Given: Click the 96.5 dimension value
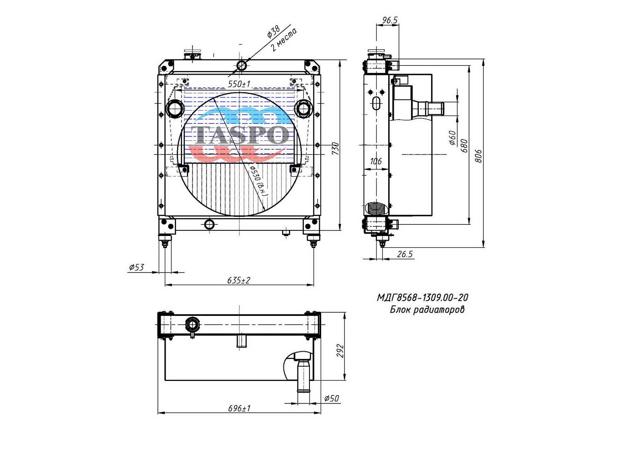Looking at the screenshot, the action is tap(390, 20).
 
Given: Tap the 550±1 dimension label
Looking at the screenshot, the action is tap(239, 84).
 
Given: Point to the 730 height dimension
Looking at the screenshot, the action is tap(335, 148).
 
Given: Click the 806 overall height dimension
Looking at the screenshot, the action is tap(479, 156).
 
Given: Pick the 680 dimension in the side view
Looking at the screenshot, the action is tap(464, 146).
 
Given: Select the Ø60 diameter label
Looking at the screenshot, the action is tap(452, 138).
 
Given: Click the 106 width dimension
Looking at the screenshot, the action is tap(376, 161).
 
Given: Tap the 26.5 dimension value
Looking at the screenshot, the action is tap(405, 254).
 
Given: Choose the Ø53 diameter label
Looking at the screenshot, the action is tap(136, 267).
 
